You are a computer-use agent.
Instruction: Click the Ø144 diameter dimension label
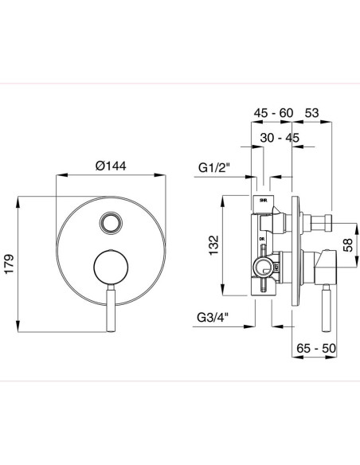pyautogui.click(x=111, y=166)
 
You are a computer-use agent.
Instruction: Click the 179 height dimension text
pyautogui.click(x=9, y=264)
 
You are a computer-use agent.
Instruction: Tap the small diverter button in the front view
pyautogui.click(x=111, y=221)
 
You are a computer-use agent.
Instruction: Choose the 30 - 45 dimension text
pyautogui.click(x=280, y=137)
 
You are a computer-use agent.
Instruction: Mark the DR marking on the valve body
pyautogui.click(x=260, y=238)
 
